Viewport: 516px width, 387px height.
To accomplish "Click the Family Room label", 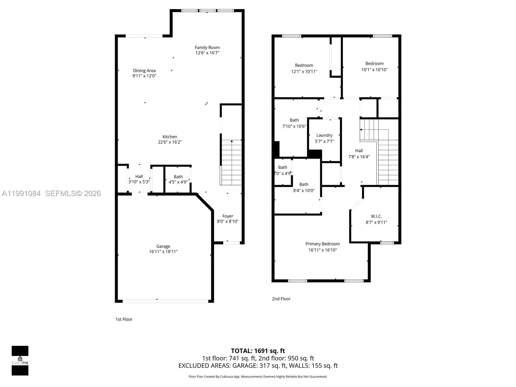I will coord(207,47).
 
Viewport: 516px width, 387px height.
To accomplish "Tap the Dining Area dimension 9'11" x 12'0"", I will coord(144,76).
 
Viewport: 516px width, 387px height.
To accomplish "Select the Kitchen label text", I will coord(170,137).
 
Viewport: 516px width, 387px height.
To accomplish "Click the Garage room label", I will coord(163,246).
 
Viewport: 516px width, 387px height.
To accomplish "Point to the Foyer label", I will coord(228,216).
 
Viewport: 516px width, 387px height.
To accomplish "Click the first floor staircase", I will coord(231,163).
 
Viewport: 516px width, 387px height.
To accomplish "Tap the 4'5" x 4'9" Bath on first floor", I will coord(178,179).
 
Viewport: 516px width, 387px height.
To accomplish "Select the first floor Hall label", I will coord(139,176).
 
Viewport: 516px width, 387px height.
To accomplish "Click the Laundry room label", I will coord(324,135).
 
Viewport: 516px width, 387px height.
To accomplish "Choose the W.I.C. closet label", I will coord(376,216).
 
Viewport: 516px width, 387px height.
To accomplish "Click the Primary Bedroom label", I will coord(322,244).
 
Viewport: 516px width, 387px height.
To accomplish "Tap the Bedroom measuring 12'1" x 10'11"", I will coord(304,68).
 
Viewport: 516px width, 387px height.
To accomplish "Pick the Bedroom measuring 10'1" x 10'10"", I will coord(374,66).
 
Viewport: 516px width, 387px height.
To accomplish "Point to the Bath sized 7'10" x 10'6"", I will coord(294,123).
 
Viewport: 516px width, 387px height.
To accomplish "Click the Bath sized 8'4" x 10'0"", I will coord(303,187).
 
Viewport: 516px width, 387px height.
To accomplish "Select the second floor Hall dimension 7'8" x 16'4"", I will coord(359,157).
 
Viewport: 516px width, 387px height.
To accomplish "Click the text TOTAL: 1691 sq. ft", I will coord(258,351).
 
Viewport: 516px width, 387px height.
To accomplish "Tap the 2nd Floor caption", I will coord(281,299).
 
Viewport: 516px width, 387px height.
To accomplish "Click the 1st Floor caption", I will coord(124,319).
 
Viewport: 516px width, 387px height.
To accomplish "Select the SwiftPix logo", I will coord(20,361).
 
